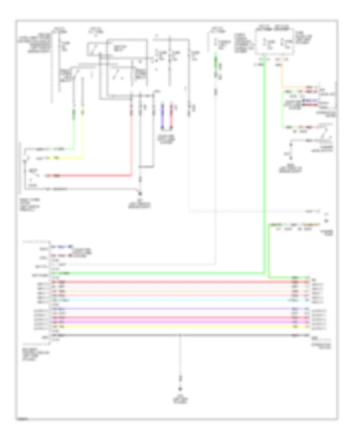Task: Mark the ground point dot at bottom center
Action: point(180,388)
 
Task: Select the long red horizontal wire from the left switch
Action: point(92,175)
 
